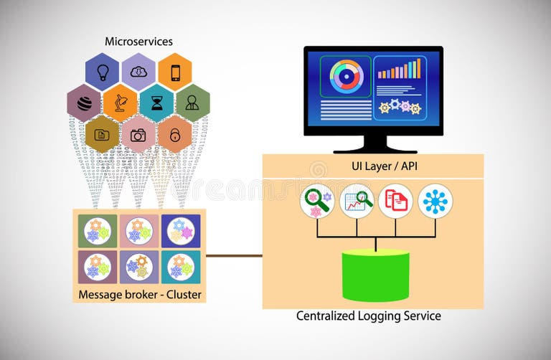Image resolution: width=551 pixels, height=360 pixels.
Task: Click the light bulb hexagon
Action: click(x=102, y=71)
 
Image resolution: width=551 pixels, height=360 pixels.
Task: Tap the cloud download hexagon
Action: click(x=138, y=71)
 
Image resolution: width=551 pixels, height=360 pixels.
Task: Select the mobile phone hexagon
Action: click(x=174, y=71)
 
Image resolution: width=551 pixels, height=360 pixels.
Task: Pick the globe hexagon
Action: click(x=84, y=103)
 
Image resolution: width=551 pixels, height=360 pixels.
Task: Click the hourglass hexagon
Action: click(x=156, y=103)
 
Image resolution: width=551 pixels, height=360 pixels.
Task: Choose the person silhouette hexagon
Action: click(x=192, y=103)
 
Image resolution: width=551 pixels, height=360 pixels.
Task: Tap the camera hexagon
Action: click(x=138, y=134)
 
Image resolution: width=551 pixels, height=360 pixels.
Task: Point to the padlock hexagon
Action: click(x=174, y=134)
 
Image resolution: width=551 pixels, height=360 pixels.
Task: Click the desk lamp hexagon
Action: click(x=120, y=103)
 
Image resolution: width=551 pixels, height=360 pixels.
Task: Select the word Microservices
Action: click(x=138, y=41)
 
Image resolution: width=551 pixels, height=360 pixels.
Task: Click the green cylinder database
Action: click(x=375, y=275)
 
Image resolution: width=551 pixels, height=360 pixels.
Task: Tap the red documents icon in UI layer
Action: click(x=395, y=201)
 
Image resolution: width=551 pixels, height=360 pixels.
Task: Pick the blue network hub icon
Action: click(x=435, y=201)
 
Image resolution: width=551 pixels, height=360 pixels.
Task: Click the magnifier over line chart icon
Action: click(x=357, y=201)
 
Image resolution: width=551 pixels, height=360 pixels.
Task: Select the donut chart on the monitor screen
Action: click(x=347, y=76)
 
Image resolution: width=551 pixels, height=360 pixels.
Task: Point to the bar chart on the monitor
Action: click(x=399, y=69)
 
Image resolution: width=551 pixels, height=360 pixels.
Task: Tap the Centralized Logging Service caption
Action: click(x=369, y=316)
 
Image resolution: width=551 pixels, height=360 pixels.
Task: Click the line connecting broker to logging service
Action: click(x=234, y=255)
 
